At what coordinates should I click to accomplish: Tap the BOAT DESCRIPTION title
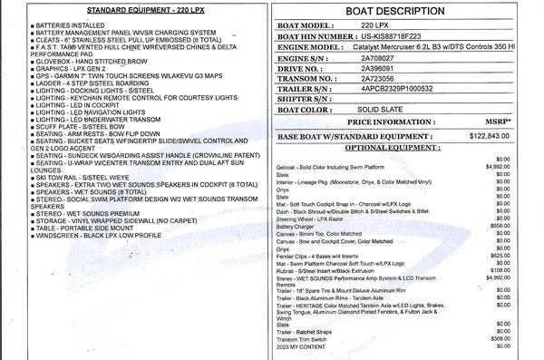pyautogui.click(x=397, y=13)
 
